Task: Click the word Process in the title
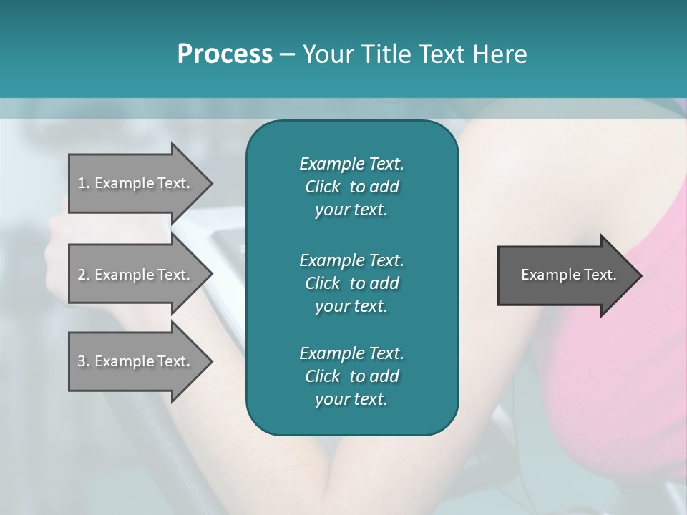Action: (x=225, y=54)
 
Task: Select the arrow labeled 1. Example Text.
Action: (x=136, y=183)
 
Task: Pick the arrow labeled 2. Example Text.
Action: (x=136, y=275)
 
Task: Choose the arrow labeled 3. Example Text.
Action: (x=136, y=361)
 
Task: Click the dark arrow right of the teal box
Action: (x=565, y=275)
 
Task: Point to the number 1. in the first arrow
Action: (x=83, y=183)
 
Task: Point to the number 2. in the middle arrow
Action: (x=83, y=275)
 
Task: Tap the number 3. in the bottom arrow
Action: (x=83, y=361)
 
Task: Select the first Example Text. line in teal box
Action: (x=351, y=164)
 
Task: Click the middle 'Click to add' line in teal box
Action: (x=351, y=283)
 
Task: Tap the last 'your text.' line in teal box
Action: (x=351, y=400)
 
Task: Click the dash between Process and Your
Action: (x=287, y=54)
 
